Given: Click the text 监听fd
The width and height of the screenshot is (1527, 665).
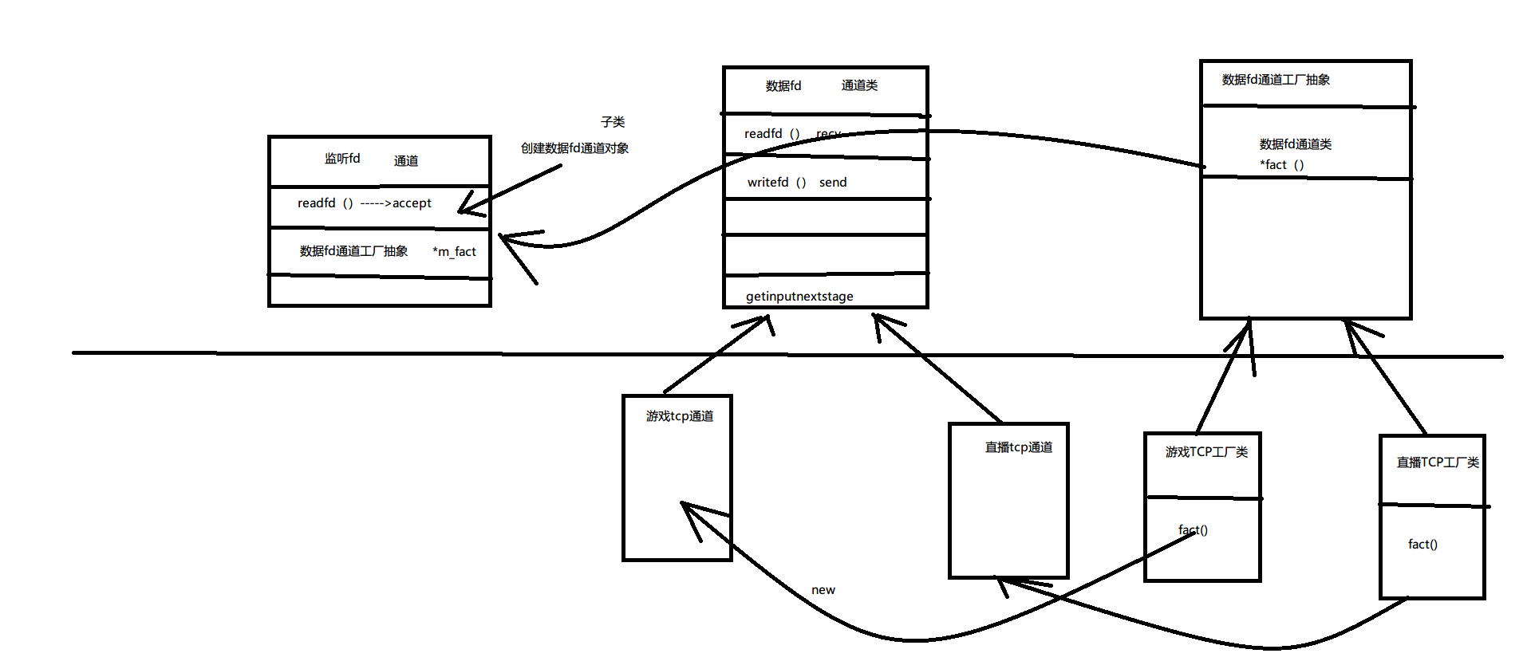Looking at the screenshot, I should click(x=341, y=159).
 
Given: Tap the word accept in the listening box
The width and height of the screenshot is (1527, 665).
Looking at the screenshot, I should click(x=412, y=203).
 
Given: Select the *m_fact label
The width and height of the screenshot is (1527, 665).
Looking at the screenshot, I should click(x=454, y=252).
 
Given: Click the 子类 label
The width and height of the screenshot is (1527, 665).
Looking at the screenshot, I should click(x=613, y=122).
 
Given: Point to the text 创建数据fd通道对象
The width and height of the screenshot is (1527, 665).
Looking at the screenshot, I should click(x=574, y=148).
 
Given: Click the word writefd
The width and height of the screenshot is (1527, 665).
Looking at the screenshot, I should click(x=767, y=183).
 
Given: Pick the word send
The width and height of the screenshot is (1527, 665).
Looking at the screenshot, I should click(x=833, y=183).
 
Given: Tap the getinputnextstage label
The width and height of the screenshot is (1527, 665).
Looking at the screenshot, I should click(x=799, y=297).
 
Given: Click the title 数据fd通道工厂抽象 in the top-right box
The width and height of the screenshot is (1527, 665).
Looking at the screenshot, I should click(x=1276, y=80).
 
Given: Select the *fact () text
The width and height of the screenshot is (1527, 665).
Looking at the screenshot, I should click(x=1282, y=165).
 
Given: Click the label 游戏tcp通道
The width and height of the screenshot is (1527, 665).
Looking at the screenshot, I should click(x=680, y=416).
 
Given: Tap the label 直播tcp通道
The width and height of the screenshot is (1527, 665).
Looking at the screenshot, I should click(x=1019, y=447).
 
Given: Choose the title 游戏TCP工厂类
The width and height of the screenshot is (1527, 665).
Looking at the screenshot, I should click(x=1206, y=452).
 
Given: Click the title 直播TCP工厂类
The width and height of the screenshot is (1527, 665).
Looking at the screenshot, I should click(x=1438, y=462).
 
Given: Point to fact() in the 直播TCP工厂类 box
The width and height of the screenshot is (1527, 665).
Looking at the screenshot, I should click(x=1422, y=545).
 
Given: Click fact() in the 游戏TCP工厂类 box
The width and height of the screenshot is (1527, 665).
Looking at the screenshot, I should click(x=1194, y=530).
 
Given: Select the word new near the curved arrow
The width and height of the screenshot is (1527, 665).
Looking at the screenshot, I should click(x=823, y=590).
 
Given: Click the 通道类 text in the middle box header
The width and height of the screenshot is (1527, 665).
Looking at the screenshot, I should click(x=859, y=85).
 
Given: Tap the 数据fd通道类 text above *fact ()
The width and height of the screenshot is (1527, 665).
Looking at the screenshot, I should click(x=1296, y=144).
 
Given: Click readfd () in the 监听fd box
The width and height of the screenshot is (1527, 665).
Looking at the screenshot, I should click(x=325, y=203).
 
